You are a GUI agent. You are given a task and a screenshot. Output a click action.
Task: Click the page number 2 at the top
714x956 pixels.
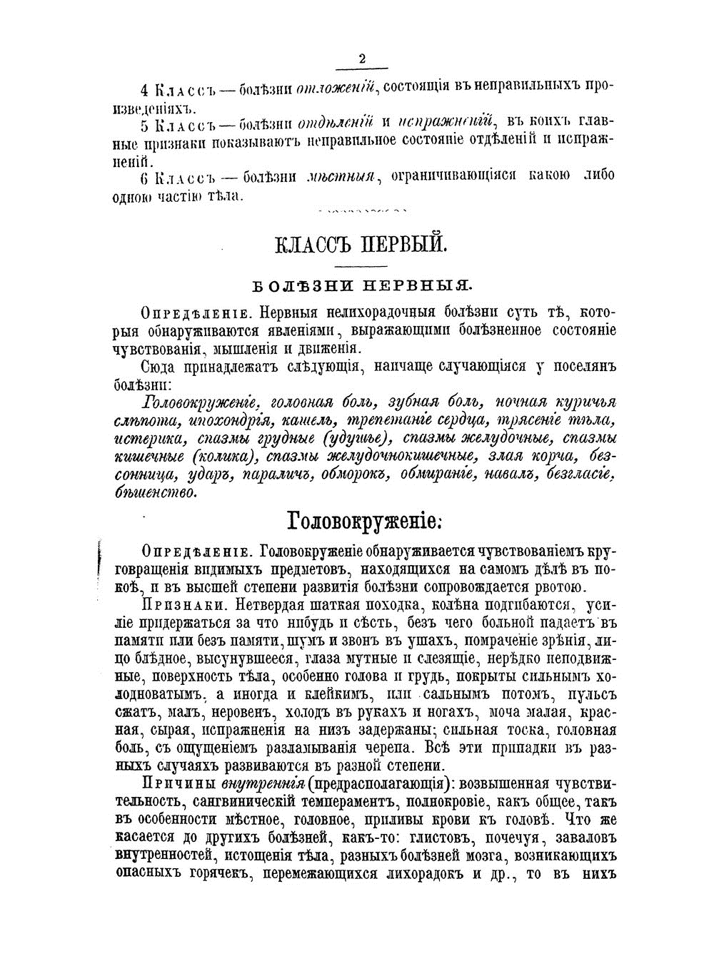click(x=361, y=59)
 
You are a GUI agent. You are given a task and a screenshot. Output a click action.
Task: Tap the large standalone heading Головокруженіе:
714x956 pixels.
click(x=364, y=520)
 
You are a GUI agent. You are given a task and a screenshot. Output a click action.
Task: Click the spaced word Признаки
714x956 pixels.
click(x=176, y=606)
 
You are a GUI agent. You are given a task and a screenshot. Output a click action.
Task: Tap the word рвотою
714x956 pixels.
click(x=560, y=586)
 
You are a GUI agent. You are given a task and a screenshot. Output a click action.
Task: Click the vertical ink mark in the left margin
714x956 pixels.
click(x=98, y=563)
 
